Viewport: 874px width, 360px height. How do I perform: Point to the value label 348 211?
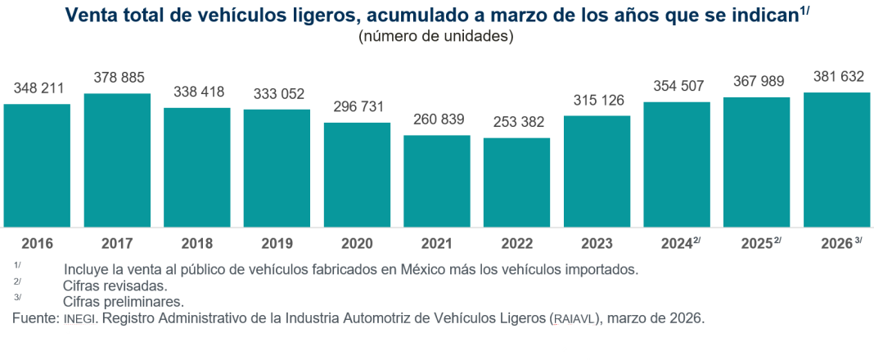point(37,88)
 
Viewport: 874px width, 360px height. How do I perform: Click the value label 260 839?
point(437,119)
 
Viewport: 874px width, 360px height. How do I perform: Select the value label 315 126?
point(597,101)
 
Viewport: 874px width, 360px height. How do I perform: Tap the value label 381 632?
point(838,77)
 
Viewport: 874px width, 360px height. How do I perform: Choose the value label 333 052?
point(277,92)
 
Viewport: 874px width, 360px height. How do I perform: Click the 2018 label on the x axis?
point(197,243)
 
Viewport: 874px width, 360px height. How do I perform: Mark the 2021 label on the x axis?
point(437,243)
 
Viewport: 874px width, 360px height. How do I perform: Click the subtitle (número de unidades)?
point(435,36)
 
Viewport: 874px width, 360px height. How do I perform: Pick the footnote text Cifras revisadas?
point(115,286)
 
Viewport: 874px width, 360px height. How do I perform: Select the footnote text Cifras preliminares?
point(123,302)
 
